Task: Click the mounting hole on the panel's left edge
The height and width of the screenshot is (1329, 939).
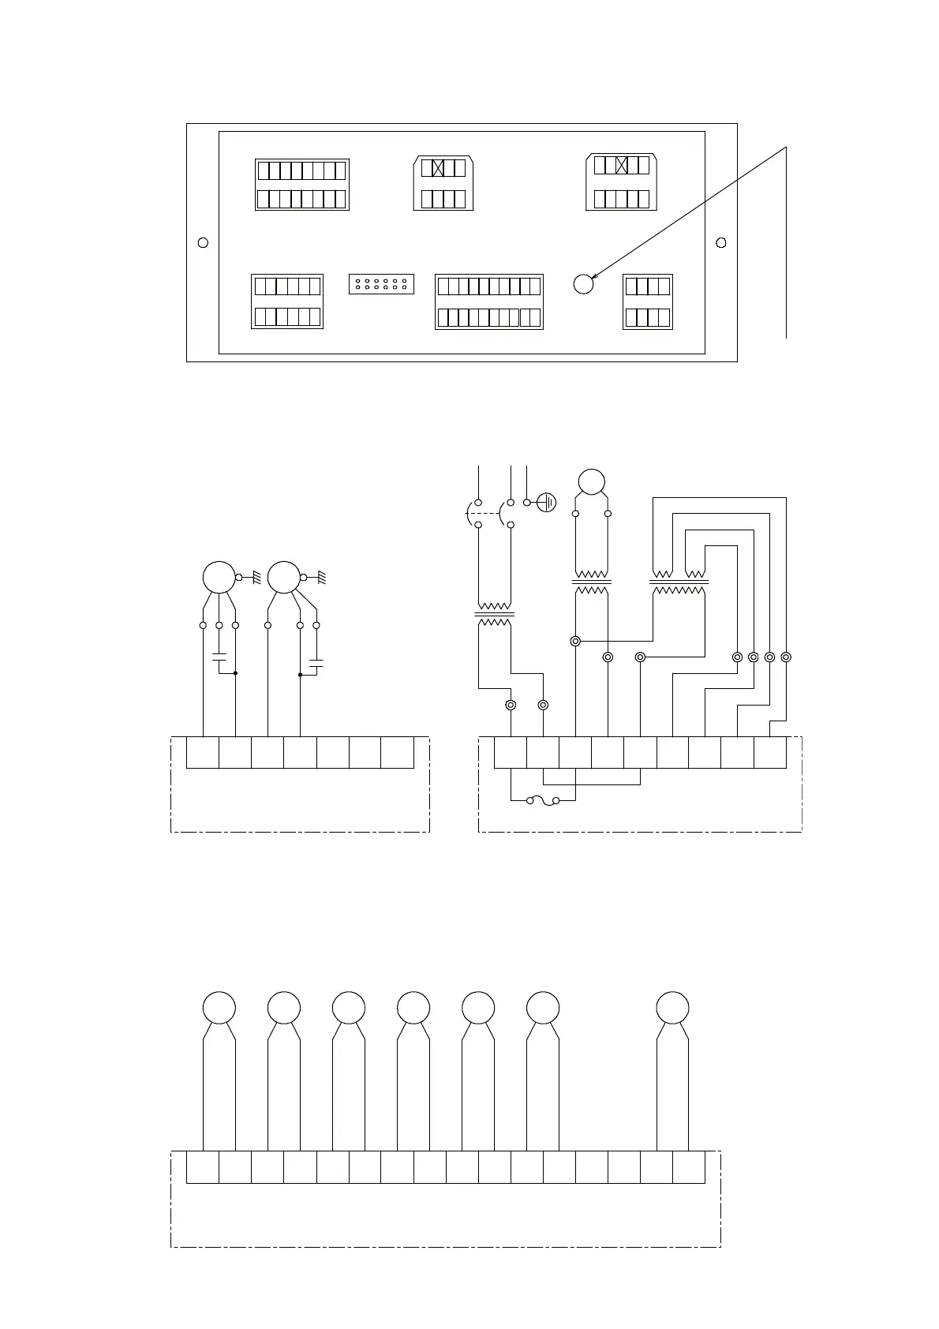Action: click(x=203, y=242)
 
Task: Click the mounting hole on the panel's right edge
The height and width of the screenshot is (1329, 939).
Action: click(x=720, y=242)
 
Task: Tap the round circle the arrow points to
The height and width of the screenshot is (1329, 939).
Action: click(x=583, y=284)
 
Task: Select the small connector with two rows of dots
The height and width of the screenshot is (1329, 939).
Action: click(x=381, y=284)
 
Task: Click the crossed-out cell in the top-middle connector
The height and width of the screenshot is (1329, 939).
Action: click(x=439, y=168)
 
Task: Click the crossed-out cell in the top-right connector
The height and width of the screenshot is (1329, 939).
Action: click(x=622, y=165)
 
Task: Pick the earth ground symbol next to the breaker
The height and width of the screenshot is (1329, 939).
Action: click(x=547, y=502)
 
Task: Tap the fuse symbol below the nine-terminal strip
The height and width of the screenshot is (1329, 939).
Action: click(x=544, y=800)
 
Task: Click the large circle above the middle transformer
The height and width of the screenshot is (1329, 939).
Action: click(x=592, y=481)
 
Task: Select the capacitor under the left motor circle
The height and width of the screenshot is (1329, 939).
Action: click(x=219, y=657)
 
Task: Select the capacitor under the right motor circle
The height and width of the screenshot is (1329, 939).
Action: click(x=316, y=666)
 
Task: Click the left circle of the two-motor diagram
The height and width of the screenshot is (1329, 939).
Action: click(x=219, y=578)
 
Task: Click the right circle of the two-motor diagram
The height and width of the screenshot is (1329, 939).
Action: click(x=284, y=578)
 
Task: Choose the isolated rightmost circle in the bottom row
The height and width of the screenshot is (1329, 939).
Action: click(x=672, y=1008)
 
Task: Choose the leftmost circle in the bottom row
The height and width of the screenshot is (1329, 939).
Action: click(x=219, y=1008)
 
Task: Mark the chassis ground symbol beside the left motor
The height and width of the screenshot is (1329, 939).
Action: click(x=256, y=578)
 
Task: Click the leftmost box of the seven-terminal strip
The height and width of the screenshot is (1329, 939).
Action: click(x=203, y=752)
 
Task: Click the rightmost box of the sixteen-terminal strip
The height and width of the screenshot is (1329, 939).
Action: click(x=689, y=1167)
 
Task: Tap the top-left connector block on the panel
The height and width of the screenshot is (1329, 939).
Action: click(x=302, y=185)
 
